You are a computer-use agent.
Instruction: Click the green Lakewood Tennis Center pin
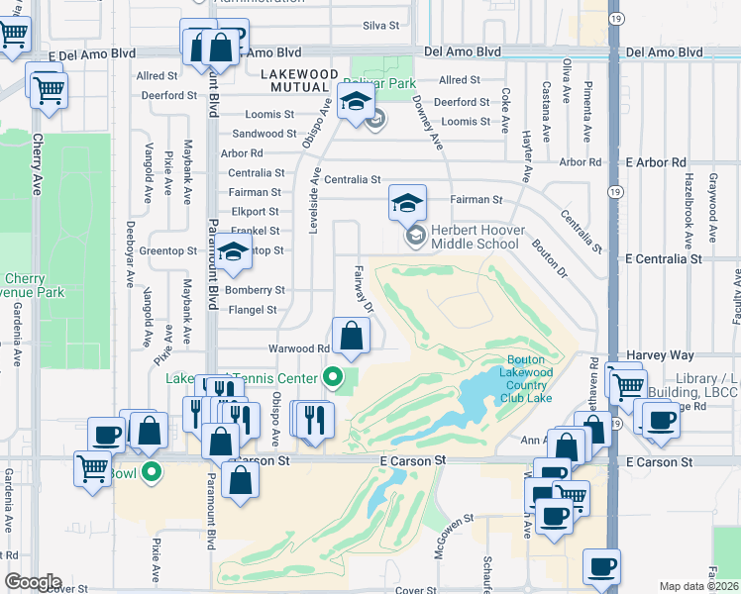pyautogui.click(x=333, y=376)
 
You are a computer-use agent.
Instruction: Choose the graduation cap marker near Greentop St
pyautogui.click(x=233, y=254)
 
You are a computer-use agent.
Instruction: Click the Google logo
pyautogui.click(x=33, y=582)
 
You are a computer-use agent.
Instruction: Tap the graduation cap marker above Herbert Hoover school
pyautogui.click(x=406, y=203)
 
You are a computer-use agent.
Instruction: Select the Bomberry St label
pyautogui.click(x=255, y=290)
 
